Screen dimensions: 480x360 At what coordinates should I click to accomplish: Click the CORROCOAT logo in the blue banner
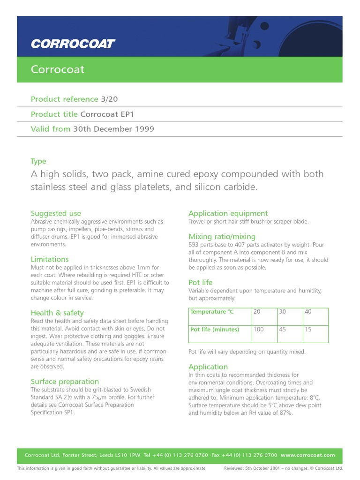pyautogui.click(x=73, y=44)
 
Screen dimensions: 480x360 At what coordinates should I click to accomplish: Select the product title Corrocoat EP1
pyautogui.click(x=110, y=114)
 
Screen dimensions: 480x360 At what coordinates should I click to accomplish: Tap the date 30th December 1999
pyautogui.click(x=113, y=129)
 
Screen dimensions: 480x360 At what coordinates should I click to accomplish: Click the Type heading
pyautogui.click(x=38, y=161)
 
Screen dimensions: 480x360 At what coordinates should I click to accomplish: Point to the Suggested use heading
pyautogui.click(x=56, y=213)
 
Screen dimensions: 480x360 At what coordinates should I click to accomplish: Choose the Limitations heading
pyautogui.click(x=50, y=259)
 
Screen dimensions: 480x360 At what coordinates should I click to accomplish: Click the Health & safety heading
pyautogui.click(x=57, y=313)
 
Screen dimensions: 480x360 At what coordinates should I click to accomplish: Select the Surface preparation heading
pyautogui.click(x=65, y=382)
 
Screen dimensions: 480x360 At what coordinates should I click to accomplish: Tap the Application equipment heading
pyautogui.click(x=228, y=213)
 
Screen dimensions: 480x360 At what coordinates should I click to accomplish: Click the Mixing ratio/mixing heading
pyautogui.click(x=222, y=236)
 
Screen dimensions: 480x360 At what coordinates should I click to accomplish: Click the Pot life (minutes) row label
pyautogui.click(x=215, y=330)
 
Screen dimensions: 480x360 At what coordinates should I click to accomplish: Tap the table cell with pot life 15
pyautogui.click(x=308, y=330)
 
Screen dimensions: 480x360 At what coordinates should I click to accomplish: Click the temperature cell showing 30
pyautogui.click(x=282, y=312)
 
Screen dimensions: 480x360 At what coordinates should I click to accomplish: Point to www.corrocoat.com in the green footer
pyautogui.click(x=308, y=455)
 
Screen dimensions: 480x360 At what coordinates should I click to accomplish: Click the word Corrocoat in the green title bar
pyautogui.click(x=58, y=69)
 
